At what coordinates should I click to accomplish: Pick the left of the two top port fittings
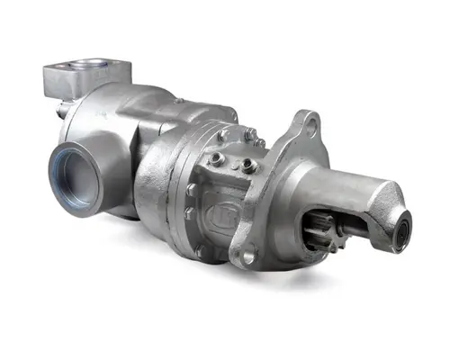(x=222, y=137)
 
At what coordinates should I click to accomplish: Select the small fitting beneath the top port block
(x=60, y=110)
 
